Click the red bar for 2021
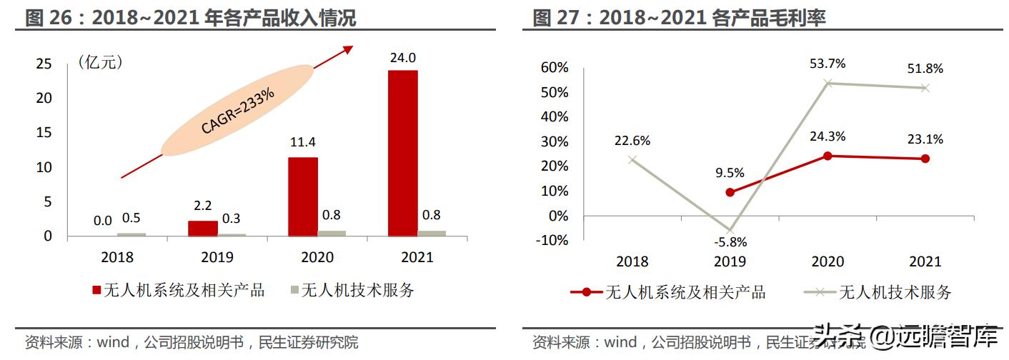pos(403,153)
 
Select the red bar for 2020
pos(303,196)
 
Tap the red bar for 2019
pos(203,228)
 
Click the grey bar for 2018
pos(131,234)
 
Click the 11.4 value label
pos(303,143)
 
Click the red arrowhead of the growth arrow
pos(348,49)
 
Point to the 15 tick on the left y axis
pos(44,132)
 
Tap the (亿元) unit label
pos(101,63)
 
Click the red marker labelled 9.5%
pos(729,192)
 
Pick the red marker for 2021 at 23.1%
pos(925,159)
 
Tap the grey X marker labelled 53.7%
pos(827,83)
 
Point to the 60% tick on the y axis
pos(555,68)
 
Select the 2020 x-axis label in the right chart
pos(827,261)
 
